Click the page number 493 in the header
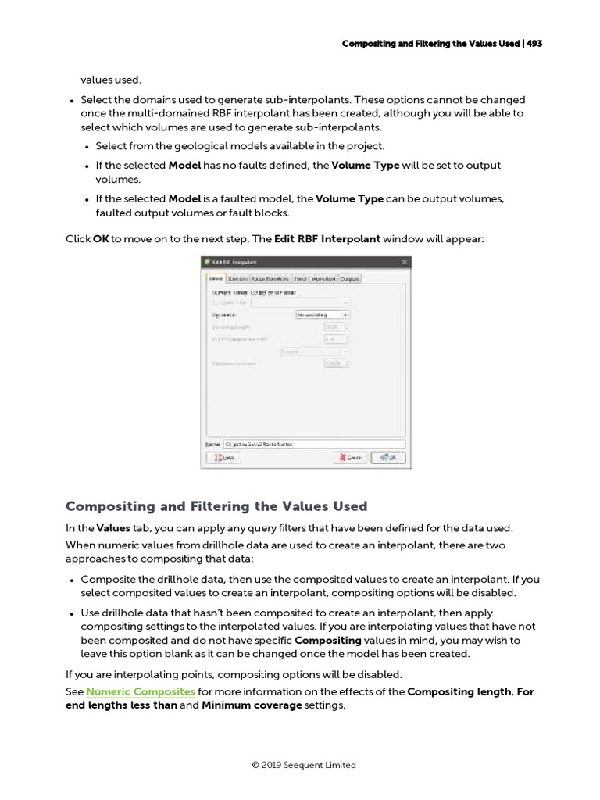click(x=534, y=44)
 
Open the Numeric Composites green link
click(x=141, y=692)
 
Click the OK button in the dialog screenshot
click(x=388, y=458)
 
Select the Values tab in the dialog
click(x=216, y=279)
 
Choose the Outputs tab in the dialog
click(x=350, y=279)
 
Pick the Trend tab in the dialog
click(x=301, y=279)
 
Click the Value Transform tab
click(x=271, y=279)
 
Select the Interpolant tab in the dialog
click(x=324, y=279)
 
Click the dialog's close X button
click(x=404, y=262)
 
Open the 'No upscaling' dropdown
click(x=322, y=315)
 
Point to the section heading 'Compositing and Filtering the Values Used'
click(x=216, y=506)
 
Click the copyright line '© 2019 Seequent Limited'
click(x=304, y=765)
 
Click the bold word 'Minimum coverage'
click(x=252, y=705)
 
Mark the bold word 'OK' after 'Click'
click(x=101, y=238)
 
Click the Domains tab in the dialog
click(x=238, y=279)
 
